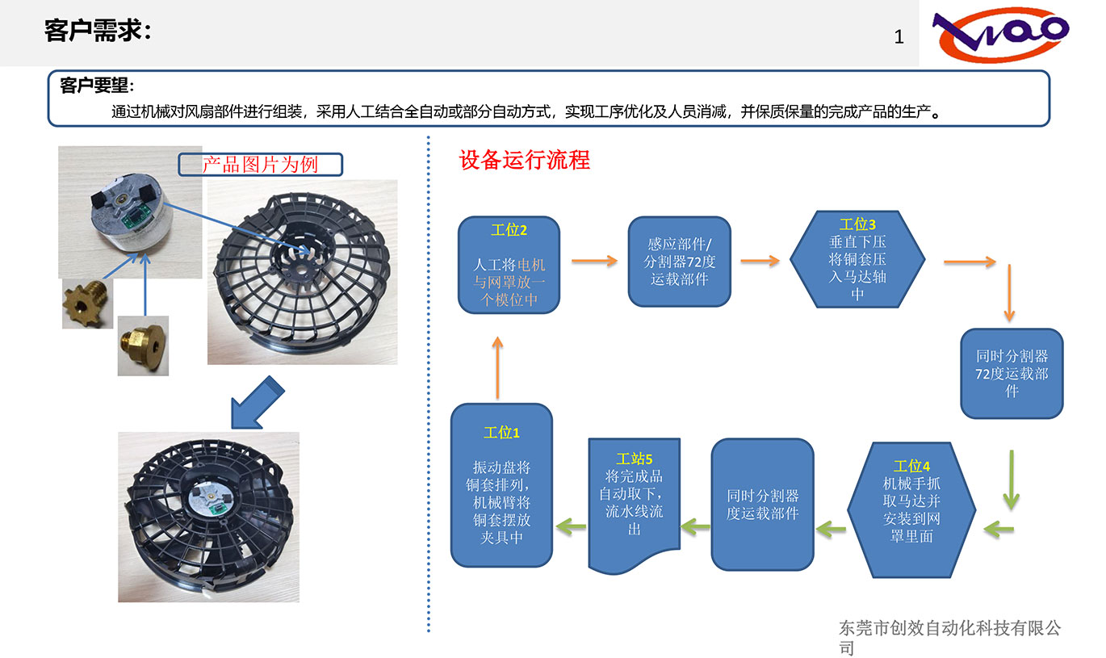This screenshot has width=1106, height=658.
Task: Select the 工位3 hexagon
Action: tap(857, 258)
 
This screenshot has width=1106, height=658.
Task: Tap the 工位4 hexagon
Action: tap(911, 509)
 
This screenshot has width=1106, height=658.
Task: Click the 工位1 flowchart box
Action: tap(501, 484)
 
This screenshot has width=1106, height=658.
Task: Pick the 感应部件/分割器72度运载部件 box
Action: tap(679, 262)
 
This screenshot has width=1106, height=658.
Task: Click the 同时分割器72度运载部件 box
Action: tap(1011, 373)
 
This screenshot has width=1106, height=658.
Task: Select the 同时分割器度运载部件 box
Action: tap(762, 505)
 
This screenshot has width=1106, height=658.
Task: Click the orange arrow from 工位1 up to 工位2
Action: tap(497, 368)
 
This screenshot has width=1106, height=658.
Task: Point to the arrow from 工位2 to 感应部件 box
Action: tap(593, 261)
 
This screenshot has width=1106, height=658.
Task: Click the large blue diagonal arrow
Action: tap(256, 402)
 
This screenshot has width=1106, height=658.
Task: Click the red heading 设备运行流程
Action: tap(524, 160)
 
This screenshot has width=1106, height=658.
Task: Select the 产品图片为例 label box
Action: tap(260, 165)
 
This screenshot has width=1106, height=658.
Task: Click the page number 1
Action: tap(899, 37)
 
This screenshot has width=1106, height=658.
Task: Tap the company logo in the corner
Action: tap(1001, 34)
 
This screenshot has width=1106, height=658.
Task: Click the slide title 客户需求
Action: tap(98, 31)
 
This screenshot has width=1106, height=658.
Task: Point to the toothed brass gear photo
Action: tap(87, 304)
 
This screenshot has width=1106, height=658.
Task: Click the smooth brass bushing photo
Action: tap(143, 346)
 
